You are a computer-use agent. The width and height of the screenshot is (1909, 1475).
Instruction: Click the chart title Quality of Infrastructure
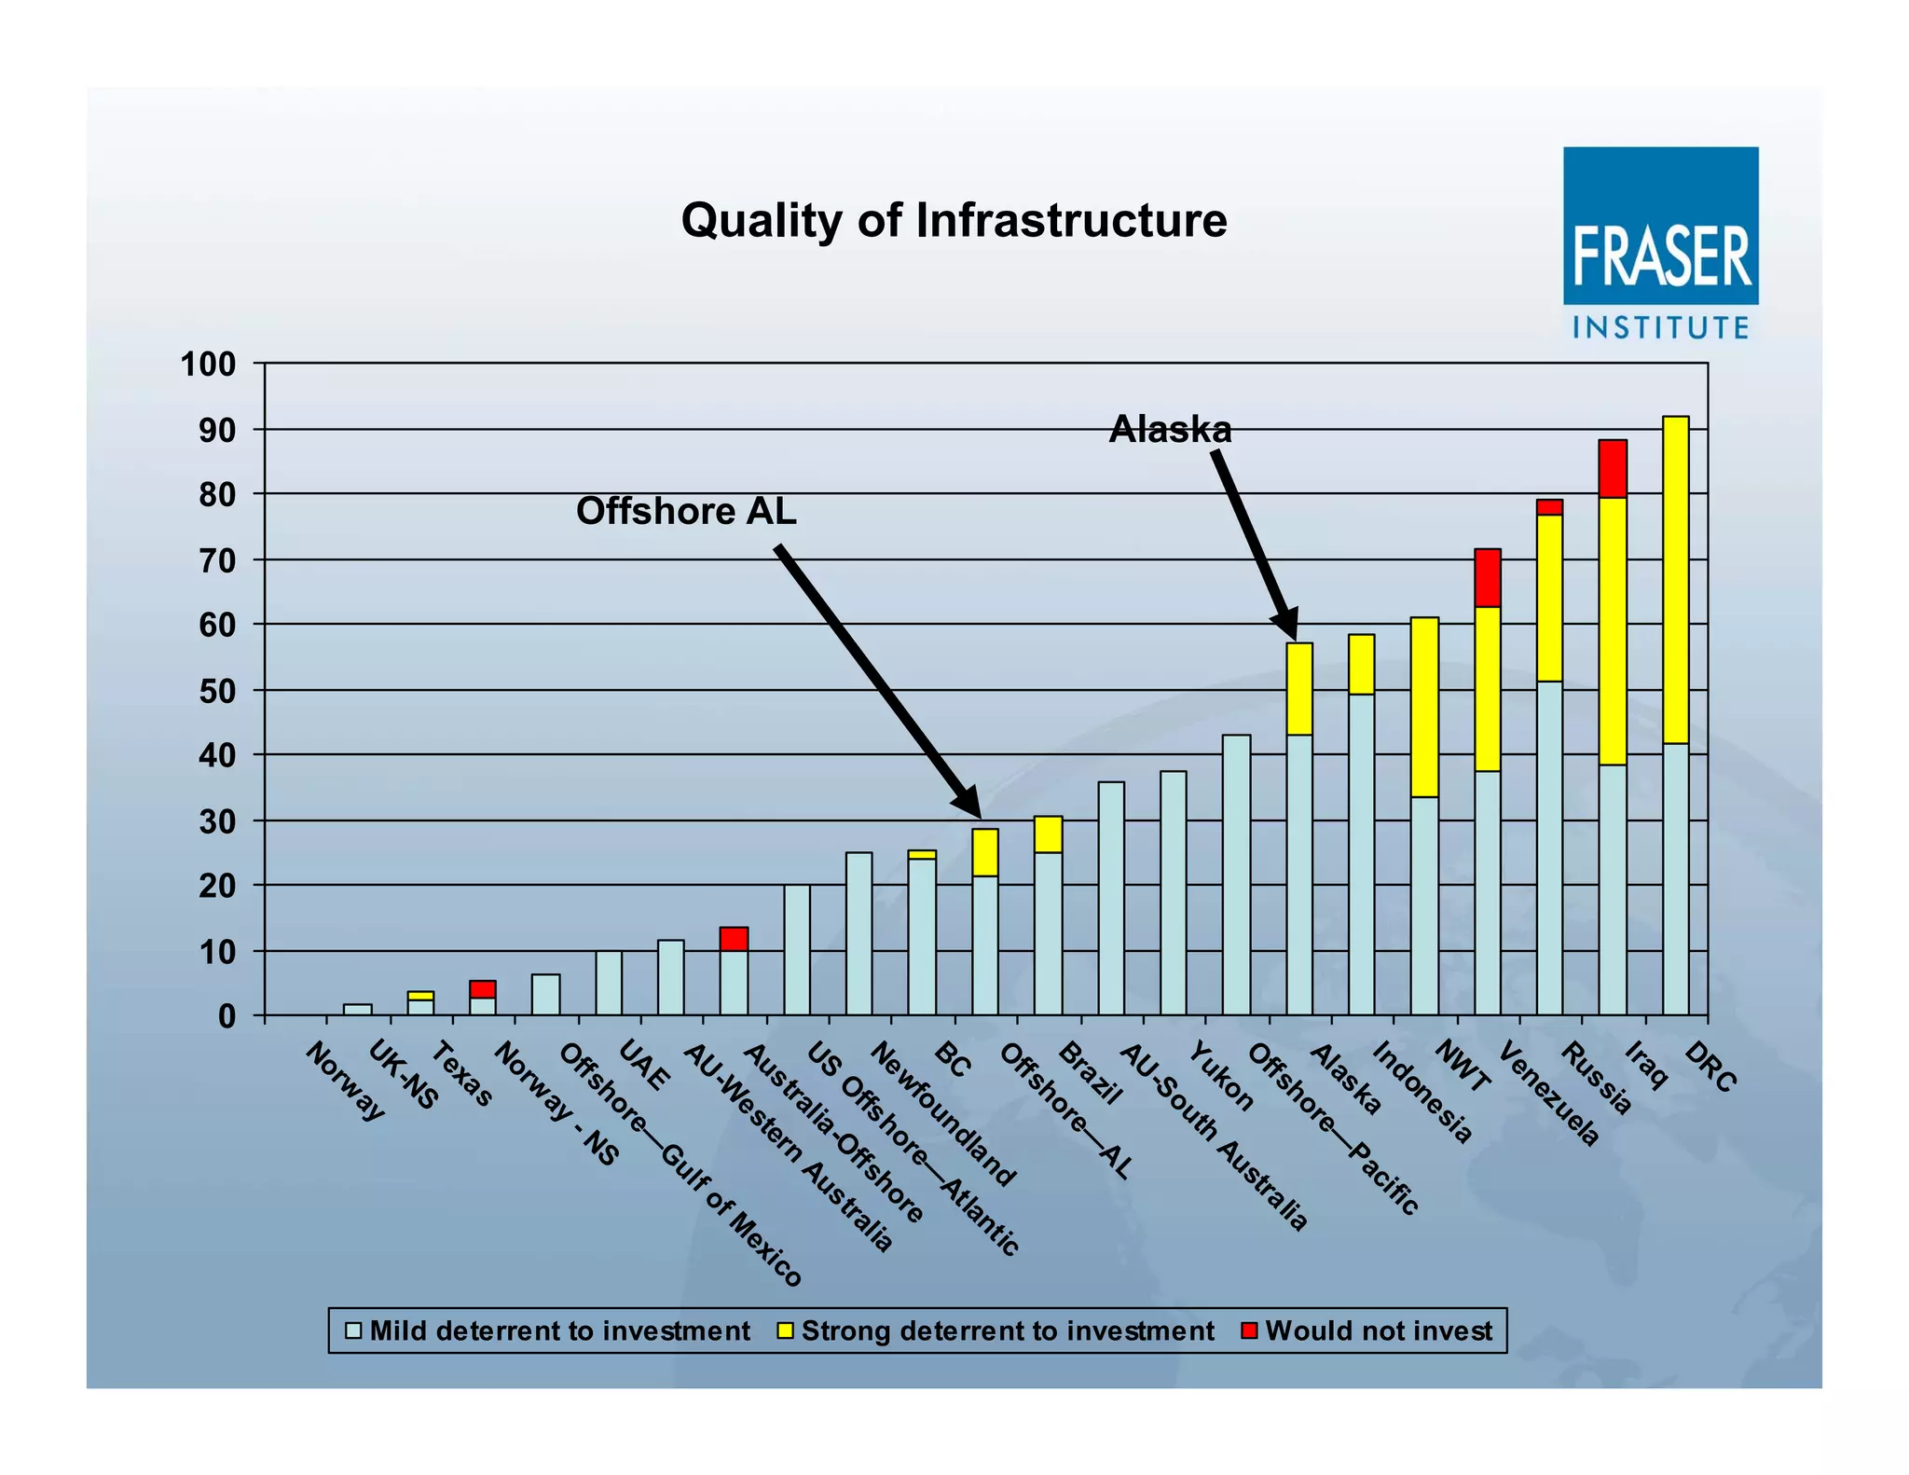(x=954, y=221)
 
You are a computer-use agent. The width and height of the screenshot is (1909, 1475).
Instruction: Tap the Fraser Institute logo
(x=1660, y=242)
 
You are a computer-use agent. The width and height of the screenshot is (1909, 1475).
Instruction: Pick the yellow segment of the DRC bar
(x=1675, y=578)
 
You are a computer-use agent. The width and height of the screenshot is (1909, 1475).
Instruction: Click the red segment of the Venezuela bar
(x=1488, y=578)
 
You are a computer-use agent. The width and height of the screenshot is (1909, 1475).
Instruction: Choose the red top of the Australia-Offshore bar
(x=734, y=939)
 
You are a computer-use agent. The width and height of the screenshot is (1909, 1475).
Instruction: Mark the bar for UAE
(x=609, y=983)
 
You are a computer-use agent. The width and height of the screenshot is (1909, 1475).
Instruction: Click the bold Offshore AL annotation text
(x=686, y=511)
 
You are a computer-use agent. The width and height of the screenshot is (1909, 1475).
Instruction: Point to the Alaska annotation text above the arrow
(x=1170, y=429)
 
